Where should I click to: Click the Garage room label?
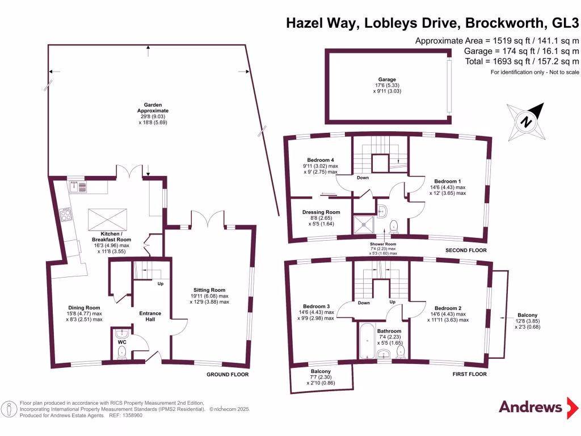coord(387,79)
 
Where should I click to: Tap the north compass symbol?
coord(526,121)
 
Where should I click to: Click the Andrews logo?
coord(530,406)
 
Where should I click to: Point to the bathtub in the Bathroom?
coord(367,341)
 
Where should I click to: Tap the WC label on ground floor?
coord(121,343)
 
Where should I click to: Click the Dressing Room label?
coord(321,212)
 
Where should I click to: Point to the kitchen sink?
coord(78,186)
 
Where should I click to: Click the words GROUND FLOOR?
coord(228,375)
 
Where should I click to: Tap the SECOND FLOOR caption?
coord(467,250)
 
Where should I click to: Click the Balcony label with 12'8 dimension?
coord(527,315)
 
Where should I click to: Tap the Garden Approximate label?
coord(153,107)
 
